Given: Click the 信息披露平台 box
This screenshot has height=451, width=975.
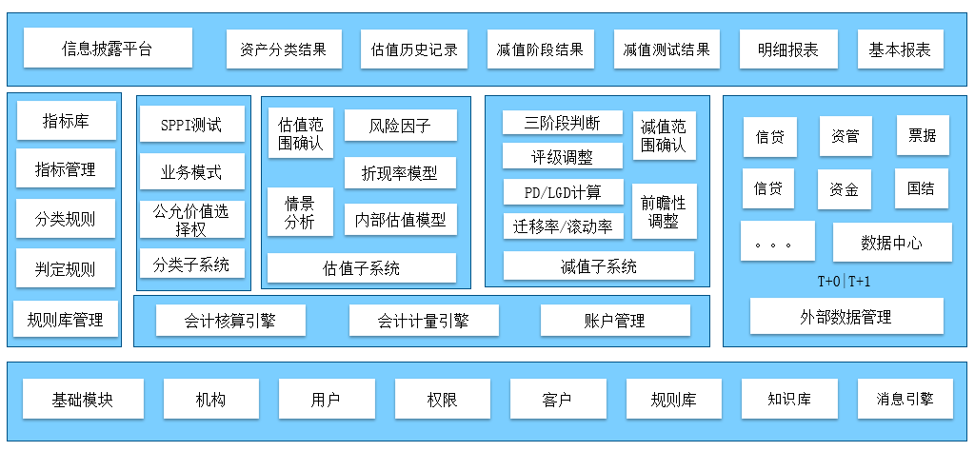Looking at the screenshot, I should click(108, 48).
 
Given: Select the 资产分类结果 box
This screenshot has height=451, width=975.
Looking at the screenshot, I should click(284, 49).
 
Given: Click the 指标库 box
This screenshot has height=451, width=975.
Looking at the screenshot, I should click(67, 121).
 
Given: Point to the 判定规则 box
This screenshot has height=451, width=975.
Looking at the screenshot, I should click(66, 269).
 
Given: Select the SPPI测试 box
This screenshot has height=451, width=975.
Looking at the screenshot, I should click(191, 125).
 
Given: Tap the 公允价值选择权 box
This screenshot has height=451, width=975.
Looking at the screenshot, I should click(191, 220).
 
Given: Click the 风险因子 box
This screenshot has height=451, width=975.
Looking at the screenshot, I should click(400, 125).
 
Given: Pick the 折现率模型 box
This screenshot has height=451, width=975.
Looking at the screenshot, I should click(400, 172).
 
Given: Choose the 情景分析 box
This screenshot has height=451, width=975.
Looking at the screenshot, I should click(299, 211).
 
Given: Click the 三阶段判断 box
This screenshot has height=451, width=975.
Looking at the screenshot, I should click(563, 123).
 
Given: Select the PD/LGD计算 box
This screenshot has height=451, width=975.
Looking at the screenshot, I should click(563, 192).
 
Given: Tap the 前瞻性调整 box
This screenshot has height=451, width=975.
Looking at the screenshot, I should click(664, 211).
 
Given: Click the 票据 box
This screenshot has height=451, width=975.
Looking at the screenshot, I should click(922, 135).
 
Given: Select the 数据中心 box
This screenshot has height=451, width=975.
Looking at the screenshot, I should click(891, 243).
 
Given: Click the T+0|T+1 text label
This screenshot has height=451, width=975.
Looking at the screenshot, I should click(844, 282).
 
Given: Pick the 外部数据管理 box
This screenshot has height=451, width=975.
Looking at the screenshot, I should click(846, 316).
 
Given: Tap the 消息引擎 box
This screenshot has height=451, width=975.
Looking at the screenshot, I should click(905, 399).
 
